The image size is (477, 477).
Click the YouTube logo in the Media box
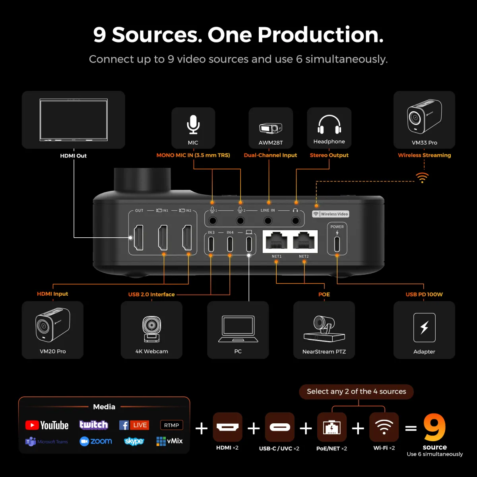tap(47, 425)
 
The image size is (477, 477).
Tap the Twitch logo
tap(93, 425)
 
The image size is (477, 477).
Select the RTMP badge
tap(171, 425)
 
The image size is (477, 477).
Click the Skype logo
tap(134, 441)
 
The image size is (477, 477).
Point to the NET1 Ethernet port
tap(276, 241)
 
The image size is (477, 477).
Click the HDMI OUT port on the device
tap(139, 238)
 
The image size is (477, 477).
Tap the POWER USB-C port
tap(337, 244)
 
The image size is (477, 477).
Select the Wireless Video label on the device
tap(331, 214)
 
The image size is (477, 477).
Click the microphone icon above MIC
tap(193, 124)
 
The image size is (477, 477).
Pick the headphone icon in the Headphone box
tap(329, 124)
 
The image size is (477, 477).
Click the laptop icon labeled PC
tap(238, 329)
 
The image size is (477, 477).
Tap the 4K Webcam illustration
tap(151, 329)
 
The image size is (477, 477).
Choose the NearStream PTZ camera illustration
tap(324, 328)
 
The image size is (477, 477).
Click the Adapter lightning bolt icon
tap(424, 328)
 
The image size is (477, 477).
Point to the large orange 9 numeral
tap(434, 427)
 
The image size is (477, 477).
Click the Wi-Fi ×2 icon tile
tap(384, 427)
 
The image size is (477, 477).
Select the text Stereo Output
tap(329, 155)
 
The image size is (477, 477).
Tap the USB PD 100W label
tap(424, 294)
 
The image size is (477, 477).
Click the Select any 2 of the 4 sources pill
tap(356, 392)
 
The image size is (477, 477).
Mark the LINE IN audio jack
tap(268, 221)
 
